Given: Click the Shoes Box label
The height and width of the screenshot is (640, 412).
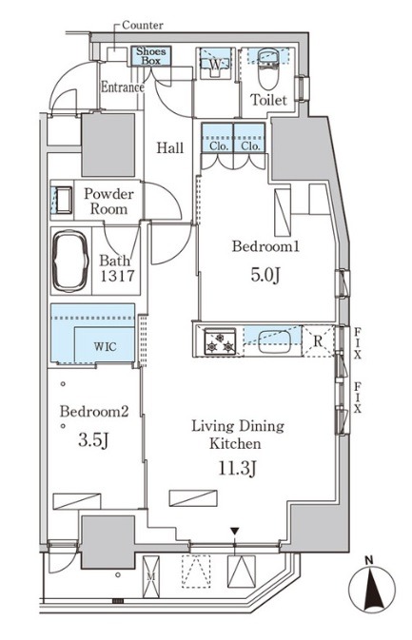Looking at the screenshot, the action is tap(150, 56).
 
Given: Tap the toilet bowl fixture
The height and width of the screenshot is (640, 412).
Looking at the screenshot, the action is tap(268, 68).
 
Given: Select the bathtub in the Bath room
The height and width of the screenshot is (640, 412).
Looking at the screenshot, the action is tap(70, 261).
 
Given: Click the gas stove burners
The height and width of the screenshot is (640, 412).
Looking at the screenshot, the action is tap(220, 340).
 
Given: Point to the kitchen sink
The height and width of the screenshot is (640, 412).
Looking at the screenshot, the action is tap(274, 340).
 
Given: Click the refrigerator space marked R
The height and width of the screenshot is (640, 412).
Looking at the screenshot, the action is tap(318, 340).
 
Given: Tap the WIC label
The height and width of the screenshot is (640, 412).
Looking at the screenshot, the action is tap(105, 347).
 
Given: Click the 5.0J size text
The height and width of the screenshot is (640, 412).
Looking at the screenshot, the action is tap(265, 276).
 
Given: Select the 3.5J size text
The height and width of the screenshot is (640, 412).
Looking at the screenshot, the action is tap(93, 440).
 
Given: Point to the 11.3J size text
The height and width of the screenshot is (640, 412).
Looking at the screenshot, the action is tap(237, 469).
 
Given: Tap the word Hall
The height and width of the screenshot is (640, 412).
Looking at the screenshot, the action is tap(170, 147).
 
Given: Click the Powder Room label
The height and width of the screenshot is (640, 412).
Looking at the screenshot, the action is tap(108, 202).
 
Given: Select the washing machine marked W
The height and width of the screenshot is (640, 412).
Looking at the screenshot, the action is tap(215, 64).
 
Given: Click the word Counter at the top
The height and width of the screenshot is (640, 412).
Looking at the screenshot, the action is tap(143, 26).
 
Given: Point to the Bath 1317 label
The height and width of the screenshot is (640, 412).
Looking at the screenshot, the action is tap(117, 268).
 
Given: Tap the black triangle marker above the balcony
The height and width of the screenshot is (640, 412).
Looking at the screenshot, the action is tap(234, 531).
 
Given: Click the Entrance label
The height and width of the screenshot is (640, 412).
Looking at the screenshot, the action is tap(123, 87).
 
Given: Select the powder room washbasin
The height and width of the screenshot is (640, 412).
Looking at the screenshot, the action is tap(64, 200).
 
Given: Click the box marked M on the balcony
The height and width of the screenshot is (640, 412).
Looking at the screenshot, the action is tap(151, 576).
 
